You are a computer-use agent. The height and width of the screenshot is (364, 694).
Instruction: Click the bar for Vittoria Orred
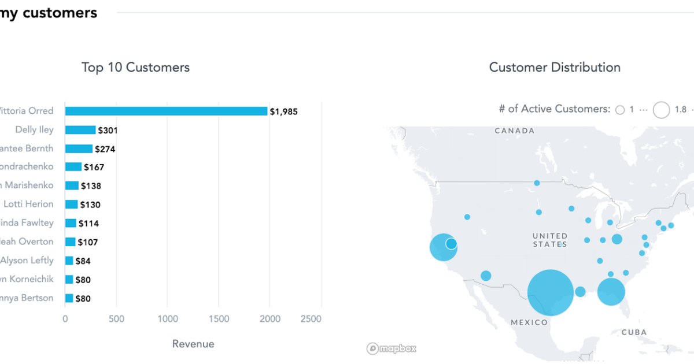pyautogui.click(x=166, y=111)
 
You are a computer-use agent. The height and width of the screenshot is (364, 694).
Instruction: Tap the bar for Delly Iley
pyautogui.click(x=80, y=130)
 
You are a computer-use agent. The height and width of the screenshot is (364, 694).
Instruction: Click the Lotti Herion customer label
pyautogui.click(x=28, y=204)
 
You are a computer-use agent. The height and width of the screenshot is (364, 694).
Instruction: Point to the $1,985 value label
pyautogui.click(x=283, y=112)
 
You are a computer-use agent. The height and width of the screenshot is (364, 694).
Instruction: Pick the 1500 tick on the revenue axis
pyautogui.click(x=219, y=319)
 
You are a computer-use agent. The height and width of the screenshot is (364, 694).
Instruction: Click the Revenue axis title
pyautogui.click(x=193, y=344)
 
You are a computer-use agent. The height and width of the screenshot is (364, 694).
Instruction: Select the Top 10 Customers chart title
pyautogui.click(x=135, y=68)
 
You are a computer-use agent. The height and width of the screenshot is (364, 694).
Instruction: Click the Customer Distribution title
pyautogui.click(x=555, y=68)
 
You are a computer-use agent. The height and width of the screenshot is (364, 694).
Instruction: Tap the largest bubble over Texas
pyautogui.click(x=551, y=292)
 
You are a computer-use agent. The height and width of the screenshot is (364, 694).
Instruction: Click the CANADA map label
pyautogui.click(x=515, y=131)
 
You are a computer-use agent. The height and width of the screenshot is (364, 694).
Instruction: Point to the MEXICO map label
pyautogui.click(x=529, y=322)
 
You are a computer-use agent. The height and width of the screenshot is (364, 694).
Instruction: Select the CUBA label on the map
pyautogui.click(x=634, y=332)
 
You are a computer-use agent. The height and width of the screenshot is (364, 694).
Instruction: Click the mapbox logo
pyautogui.click(x=392, y=348)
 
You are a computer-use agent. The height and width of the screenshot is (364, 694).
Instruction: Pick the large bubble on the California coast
pyautogui.click(x=442, y=248)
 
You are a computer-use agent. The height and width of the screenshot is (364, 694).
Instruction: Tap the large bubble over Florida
pyautogui.click(x=611, y=292)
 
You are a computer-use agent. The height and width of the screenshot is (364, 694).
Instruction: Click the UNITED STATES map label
pyautogui.click(x=550, y=240)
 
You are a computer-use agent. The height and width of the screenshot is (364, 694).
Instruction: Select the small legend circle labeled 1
pyautogui.click(x=620, y=110)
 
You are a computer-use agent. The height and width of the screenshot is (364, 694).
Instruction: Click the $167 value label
pyautogui.click(x=94, y=168)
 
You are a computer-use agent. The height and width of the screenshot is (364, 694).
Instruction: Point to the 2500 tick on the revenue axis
pyautogui.click(x=312, y=319)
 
